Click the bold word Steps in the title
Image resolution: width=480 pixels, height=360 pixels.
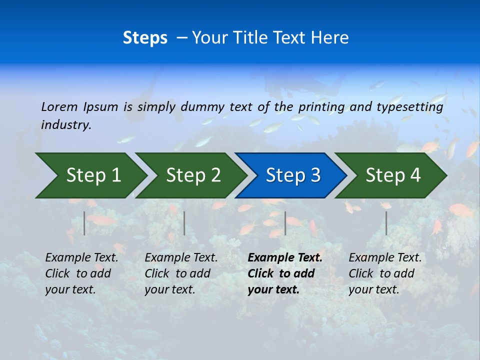click(145, 38)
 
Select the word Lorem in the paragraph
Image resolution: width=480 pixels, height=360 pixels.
click(59, 107)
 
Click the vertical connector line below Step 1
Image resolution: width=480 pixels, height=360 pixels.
click(84, 223)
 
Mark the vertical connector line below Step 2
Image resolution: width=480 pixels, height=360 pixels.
click(184, 223)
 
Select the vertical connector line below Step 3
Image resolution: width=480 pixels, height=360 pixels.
click(285, 223)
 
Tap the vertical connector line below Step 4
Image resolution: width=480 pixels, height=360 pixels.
click(386, 223)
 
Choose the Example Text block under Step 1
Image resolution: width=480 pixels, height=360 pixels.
click(81, 273)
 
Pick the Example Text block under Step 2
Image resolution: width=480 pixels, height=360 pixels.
click(181, 273)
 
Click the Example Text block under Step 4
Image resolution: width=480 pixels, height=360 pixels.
click(385, 273)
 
